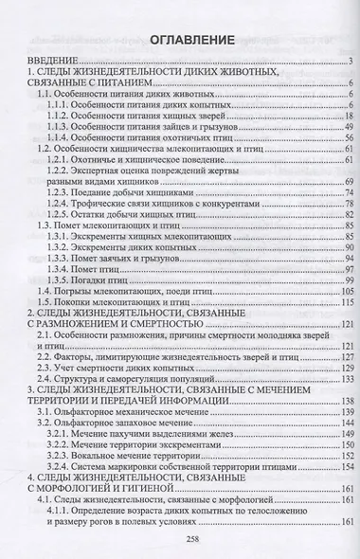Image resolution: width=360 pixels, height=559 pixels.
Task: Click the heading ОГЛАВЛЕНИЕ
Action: click(180, 42)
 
